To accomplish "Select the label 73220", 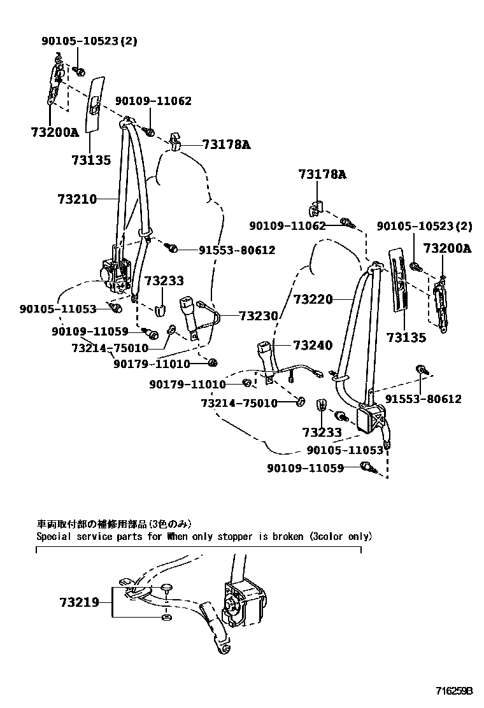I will (313, 298).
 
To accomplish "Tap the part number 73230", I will (259, 315).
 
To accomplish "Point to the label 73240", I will (313, 346).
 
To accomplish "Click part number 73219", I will (80, 602).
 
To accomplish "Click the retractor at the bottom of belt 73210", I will (116, 269).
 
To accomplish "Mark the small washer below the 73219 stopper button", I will (166, 617).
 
